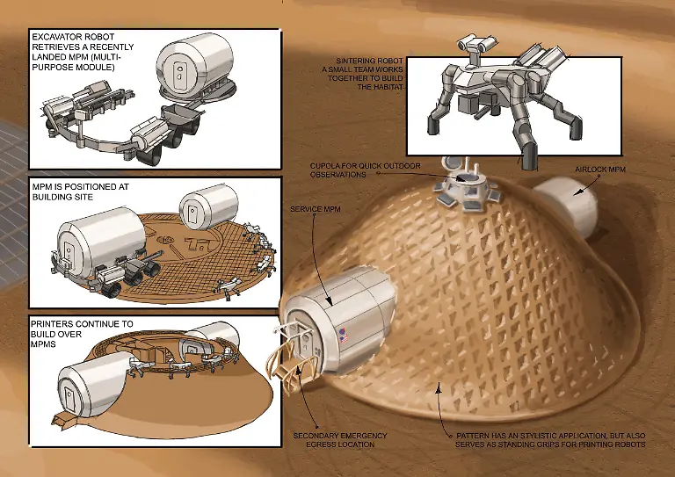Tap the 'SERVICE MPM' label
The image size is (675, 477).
point(316,209)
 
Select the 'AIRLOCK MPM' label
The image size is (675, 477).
point(600,170)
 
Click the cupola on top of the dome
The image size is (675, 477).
point(466,186)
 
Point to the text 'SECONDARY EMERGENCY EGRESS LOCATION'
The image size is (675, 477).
point(340,440)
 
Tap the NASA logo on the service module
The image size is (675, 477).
point(343,332)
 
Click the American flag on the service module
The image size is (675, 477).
point(344,339)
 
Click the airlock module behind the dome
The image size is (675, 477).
point(569,207)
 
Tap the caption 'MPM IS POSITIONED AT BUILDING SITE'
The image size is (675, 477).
point(81,192)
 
